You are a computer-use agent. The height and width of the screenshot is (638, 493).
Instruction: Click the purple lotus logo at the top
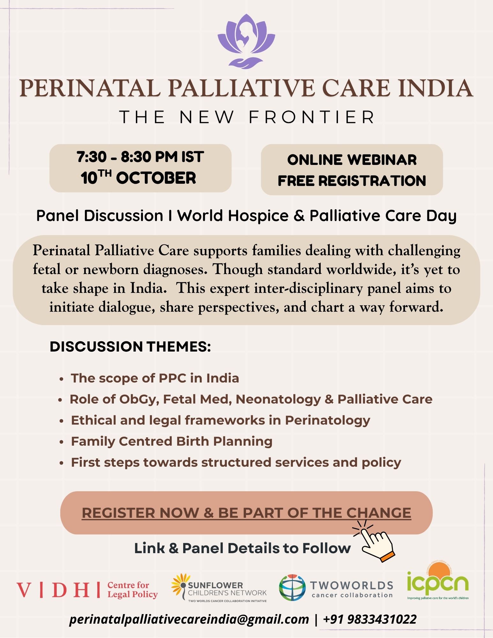[x=246, y=41]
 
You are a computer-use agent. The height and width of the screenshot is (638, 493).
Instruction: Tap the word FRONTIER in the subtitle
[x=312, y=117]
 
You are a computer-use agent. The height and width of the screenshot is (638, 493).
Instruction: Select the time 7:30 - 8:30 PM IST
[x=140, y=157]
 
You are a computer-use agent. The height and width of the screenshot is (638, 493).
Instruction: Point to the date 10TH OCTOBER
[x=138, y=177]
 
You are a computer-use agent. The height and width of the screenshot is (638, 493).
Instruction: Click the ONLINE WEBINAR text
[x=352, y=160]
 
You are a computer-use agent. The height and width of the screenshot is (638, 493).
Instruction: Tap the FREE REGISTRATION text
[x=352, y=181]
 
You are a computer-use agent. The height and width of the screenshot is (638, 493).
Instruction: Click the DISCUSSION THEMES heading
[x=130, y=346]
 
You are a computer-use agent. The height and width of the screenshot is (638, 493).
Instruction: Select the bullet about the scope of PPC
[x=155, y=378]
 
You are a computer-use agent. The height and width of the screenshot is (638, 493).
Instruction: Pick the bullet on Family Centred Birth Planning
[x=172, y=441]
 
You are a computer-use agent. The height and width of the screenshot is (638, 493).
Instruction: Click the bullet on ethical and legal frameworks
[x=220, y=420]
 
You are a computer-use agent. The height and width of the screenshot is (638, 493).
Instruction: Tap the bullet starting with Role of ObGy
[x=251, y=399]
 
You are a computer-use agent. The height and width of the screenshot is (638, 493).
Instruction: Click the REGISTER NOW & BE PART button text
[x=246, y=513]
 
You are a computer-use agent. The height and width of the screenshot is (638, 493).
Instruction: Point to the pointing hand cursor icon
[x=374, y=541]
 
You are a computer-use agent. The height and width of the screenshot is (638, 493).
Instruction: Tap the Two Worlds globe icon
[x=292, y=588]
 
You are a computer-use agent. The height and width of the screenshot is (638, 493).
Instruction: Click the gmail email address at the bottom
[x=189, y=619]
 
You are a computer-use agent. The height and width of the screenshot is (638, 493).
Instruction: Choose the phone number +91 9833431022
[x=370, y=619]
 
